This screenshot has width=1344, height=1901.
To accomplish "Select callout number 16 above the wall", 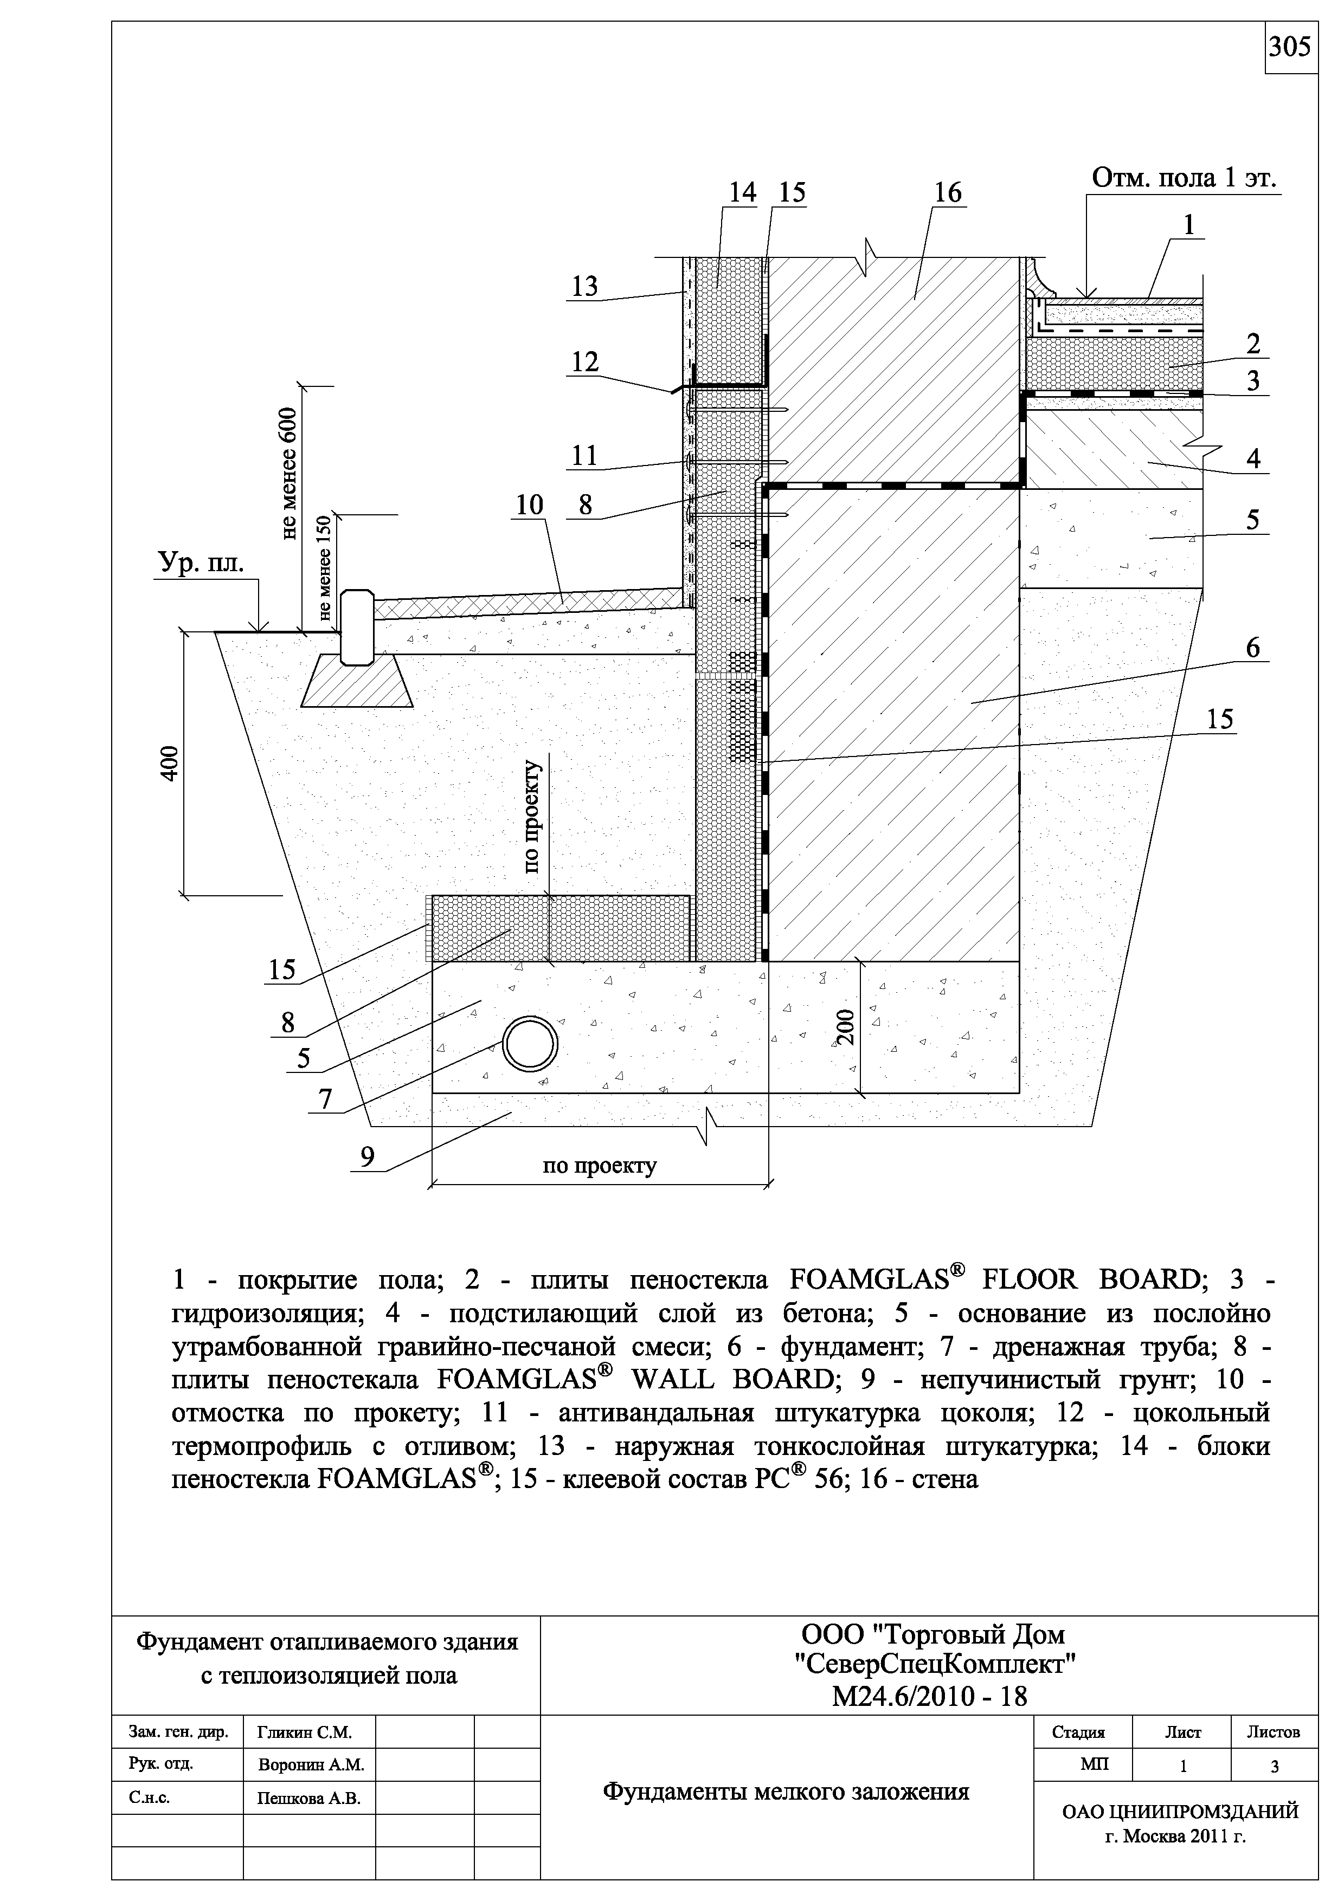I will pos(947,193).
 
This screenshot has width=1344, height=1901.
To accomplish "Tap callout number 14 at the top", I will pos(742,193).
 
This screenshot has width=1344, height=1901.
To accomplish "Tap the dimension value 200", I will pos(844,1027).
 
